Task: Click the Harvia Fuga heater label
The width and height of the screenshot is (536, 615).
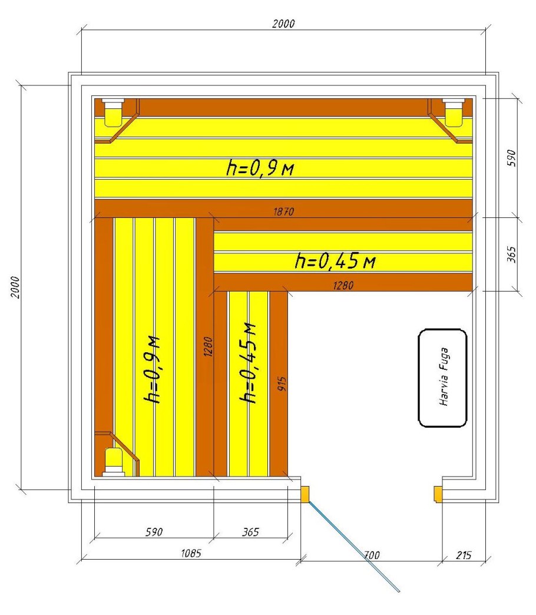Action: [x=444, y=376]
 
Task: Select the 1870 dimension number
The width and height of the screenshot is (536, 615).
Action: [x=283, y=212]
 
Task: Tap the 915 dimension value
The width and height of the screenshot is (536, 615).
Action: [x=282, y=384]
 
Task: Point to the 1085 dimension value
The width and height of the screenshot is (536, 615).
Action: [x=191, y=553]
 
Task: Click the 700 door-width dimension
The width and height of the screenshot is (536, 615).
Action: [x=371, y=555]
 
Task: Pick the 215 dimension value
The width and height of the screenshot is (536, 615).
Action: [x=464, y=556]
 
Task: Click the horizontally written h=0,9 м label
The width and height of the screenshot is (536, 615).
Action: [x=260, y=168]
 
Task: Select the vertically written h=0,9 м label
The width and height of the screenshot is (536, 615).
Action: [x=153, y=370]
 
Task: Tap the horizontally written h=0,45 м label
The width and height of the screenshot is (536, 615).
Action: [x=335, y=261]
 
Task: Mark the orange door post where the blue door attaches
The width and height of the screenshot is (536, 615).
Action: [x=305, y=494]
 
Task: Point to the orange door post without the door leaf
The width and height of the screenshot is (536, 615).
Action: [x=438, y=494]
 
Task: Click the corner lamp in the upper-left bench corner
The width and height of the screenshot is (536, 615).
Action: [x=113, y=113]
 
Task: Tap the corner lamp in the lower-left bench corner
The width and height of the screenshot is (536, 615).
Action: [x=113, y=462]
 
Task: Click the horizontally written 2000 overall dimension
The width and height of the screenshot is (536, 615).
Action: [x=283, y=24]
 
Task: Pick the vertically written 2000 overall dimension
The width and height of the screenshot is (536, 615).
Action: [x=15, y=287]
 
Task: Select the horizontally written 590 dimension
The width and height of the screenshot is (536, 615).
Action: [x=154, y=532]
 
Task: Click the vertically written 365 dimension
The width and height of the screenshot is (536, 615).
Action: [x=512, y=254]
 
